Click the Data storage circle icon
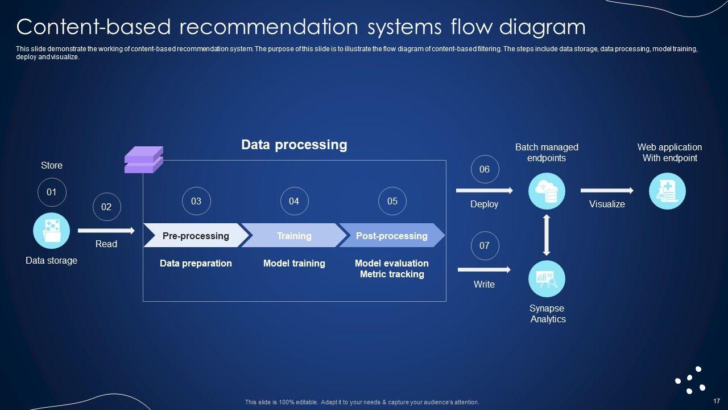[x=51, y=231]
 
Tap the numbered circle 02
[x=106, y=207]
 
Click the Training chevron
[x=294, y=235]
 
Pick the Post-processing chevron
[x=392, y=235]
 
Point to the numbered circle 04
[x=295, y=201]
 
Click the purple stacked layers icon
[x=144, y=159]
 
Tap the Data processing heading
[x=294, y=145]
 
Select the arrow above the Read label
[x=106, y=231]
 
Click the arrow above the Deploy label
[x=484, y=190]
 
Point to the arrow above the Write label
[x=484, y=269]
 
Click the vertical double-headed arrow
[x=547, y=235]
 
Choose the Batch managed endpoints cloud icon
[x=547, y=191]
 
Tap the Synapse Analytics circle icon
[x=547, y=279]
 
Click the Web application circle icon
[x=667, y=191]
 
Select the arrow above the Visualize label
[x=607, y=190]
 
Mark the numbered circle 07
[x=485, y=245]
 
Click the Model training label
[x=294, y=263]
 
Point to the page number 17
[x=716, y=401]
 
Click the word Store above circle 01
[x=52, y=165]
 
